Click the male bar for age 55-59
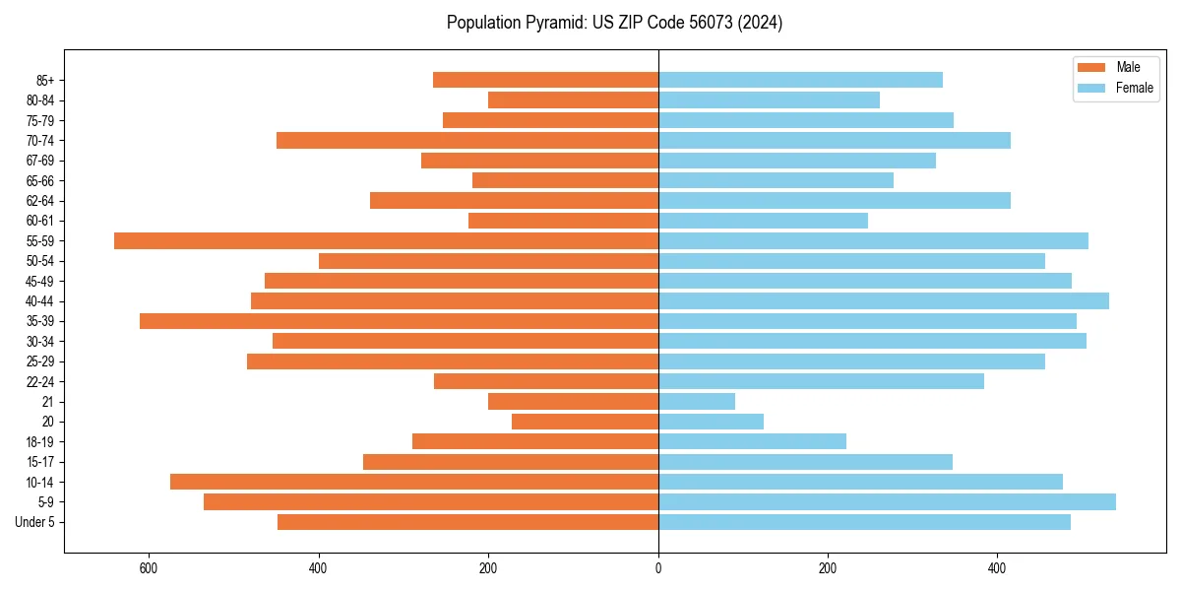click(386, 240)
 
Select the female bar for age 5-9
click(887, 501)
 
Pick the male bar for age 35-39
click(399, 321)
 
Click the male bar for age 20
click(585, 422)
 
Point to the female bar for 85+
click(800, 80)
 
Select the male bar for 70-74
click(467, 140)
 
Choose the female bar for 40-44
click(884, 300)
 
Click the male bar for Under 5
click(467, 522)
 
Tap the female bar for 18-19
click(752, 441)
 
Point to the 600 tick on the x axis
click(149, 567)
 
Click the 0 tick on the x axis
click(658, 567)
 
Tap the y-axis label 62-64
click(40, 201)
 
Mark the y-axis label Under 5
click(35, 522)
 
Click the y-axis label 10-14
click(40, 482)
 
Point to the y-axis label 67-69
click(40, 161)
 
